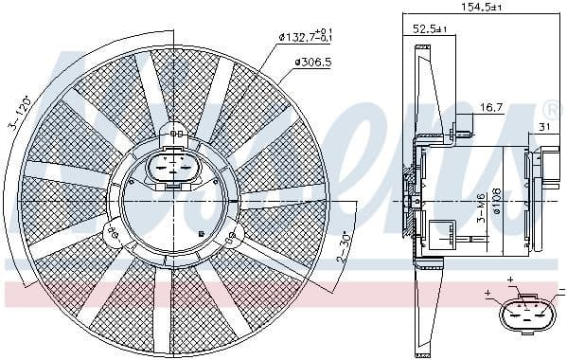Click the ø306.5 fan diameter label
(312, 63)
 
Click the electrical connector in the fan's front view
(174, 171)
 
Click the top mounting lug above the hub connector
(174, 133)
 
